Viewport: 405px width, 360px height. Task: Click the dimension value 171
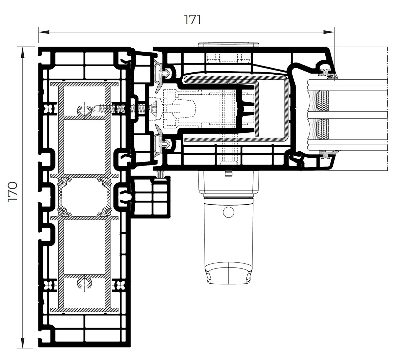193,19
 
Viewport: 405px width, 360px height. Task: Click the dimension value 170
12,191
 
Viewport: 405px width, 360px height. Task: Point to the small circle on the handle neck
228,212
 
